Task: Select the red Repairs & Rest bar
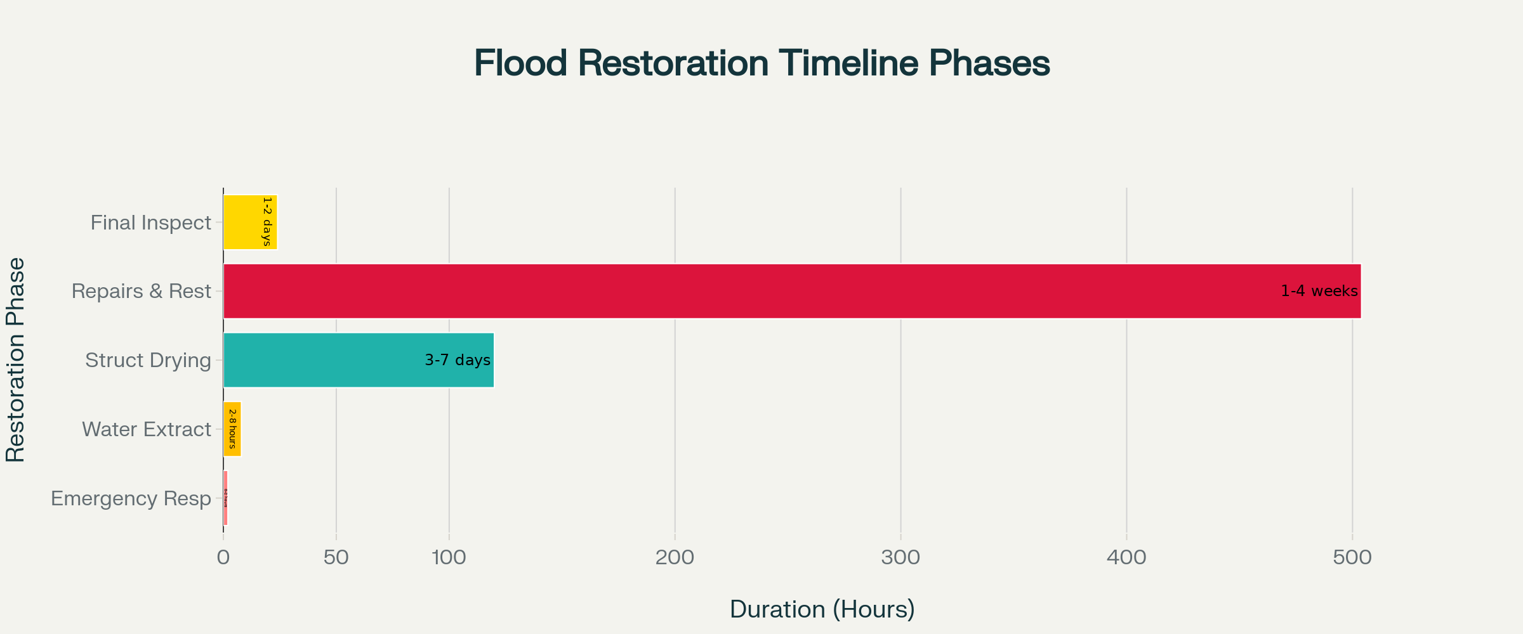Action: (762, 291)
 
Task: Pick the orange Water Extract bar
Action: (232, 429)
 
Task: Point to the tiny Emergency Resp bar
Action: (225, 498)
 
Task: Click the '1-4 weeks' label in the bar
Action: (1319, 291)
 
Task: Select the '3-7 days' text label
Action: (457, 360)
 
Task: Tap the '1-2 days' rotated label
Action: (267, 222)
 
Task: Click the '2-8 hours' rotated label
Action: (232, 429)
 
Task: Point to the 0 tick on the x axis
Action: (223, 558)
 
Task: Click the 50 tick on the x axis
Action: (336, 558)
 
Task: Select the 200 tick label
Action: (675, 558)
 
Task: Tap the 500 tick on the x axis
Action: (1352, 558)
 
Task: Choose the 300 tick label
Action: (900, 558)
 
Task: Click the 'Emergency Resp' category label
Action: (131, 498)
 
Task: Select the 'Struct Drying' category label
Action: (148, 360)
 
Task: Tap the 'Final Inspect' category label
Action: (150, 223)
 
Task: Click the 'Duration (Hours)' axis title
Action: (822, 609)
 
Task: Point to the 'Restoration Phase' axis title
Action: (15, 359)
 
